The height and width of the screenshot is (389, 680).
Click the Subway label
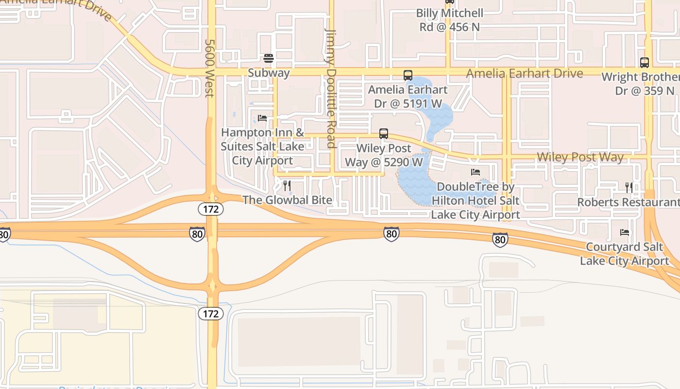(x=269, y=73)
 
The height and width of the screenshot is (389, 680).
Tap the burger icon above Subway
(x=269, y=59)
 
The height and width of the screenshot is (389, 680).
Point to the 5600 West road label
(x=210, y=68)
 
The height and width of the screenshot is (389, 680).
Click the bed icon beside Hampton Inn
(x=262, y=118)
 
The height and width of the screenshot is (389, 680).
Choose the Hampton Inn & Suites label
(x=263, y=146)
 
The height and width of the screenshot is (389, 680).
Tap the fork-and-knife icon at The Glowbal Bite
(x=287, y=185)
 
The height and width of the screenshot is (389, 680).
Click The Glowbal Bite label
(x=287, y=200)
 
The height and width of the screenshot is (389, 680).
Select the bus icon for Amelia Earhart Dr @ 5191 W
(x=408, y=75)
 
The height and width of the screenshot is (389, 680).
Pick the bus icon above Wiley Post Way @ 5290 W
(x=384, y=134)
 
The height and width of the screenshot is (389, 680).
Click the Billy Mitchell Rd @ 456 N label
(x=450, y=20)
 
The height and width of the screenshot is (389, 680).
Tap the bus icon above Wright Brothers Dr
(x=645, y=63)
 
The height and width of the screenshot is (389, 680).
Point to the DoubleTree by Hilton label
(x=476, y=200)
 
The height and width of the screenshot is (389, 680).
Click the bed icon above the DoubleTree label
(x=476, y=172)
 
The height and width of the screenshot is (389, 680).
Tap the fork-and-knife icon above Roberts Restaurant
(x=629, y=187)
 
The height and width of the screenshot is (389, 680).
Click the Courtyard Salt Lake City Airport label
(x=625, y=254)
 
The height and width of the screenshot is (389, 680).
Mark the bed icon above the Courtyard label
(x=625, y=232)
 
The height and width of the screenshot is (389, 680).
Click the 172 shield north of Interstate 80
(x=211, y=209)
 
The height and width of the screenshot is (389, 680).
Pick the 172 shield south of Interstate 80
(x=211, y=314)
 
